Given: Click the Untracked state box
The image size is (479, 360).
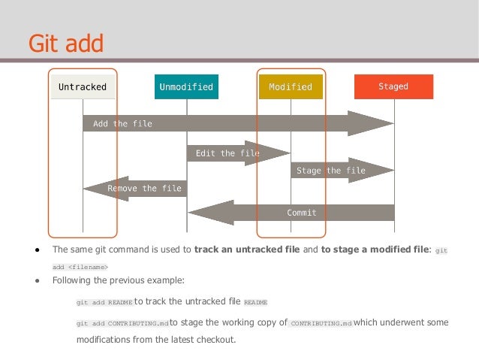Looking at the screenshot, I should (x=83, y=87).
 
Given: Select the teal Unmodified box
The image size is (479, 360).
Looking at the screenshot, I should (x=186, y=87).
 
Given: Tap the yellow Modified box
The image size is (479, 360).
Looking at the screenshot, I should (x=291, y=87).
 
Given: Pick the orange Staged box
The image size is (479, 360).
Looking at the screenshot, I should (x=393, y=87).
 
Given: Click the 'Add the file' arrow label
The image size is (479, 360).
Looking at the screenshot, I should (x=122, y=124).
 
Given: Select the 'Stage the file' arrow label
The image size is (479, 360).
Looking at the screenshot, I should (x=331, y=171).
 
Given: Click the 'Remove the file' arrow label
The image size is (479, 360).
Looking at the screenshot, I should (x=144, y=189).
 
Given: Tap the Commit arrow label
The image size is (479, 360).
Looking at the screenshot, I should (x=302, y=213).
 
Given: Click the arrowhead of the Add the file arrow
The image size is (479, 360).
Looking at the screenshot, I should (x=371, y=124).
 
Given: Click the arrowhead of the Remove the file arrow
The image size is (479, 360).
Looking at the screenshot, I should (x=95, y=189).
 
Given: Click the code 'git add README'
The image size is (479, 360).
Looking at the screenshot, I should (x=104, y=303).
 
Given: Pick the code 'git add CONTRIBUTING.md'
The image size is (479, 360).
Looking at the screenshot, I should (x=122, y=323).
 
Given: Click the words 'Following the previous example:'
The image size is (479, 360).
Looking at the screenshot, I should (x=118, y=281).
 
